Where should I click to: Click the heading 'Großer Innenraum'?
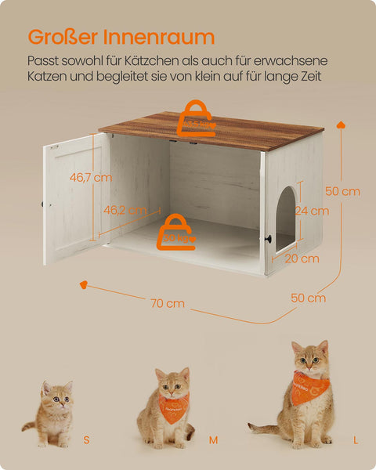click(121, 36)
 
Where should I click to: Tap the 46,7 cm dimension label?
click(90, 177)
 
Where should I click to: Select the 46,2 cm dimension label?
click(126, 210)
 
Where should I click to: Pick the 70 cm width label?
click(168, 302)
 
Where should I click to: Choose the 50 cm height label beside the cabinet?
click(342, 191)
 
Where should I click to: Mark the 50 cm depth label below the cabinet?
click(308, 298)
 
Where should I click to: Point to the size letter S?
click(86, 441)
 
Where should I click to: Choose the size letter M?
click(212, 441)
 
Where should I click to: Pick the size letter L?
click(355, 441)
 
